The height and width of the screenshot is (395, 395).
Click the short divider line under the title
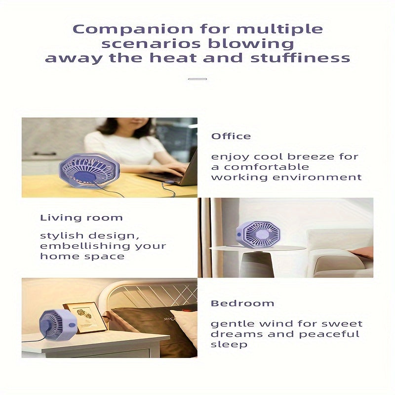[197, 79]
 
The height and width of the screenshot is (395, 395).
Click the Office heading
[231, 136]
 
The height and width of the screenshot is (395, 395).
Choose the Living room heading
[81, 218]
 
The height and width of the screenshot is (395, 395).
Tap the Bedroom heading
[242, 303]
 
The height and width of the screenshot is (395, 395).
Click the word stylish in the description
[61, 236]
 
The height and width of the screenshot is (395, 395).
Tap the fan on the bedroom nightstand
[57, 326]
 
